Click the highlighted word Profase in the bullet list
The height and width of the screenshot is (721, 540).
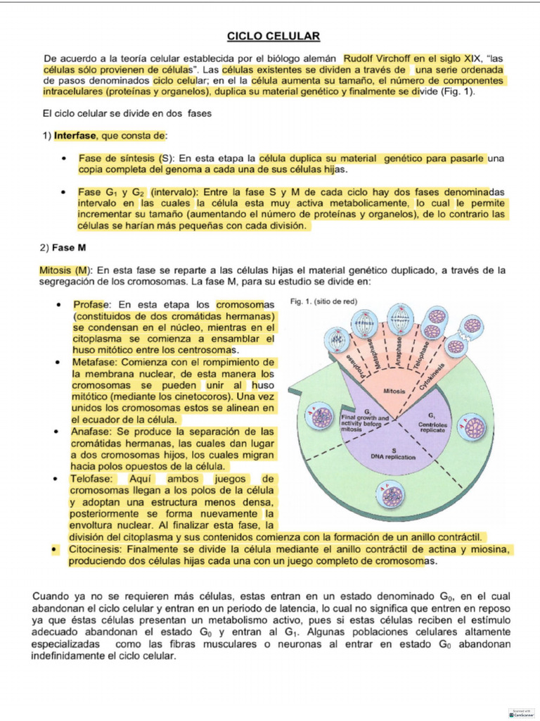[x=91, y=305]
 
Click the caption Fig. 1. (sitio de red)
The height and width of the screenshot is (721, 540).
[x=323, y=301]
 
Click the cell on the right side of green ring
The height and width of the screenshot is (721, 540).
[x=475, y=426]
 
